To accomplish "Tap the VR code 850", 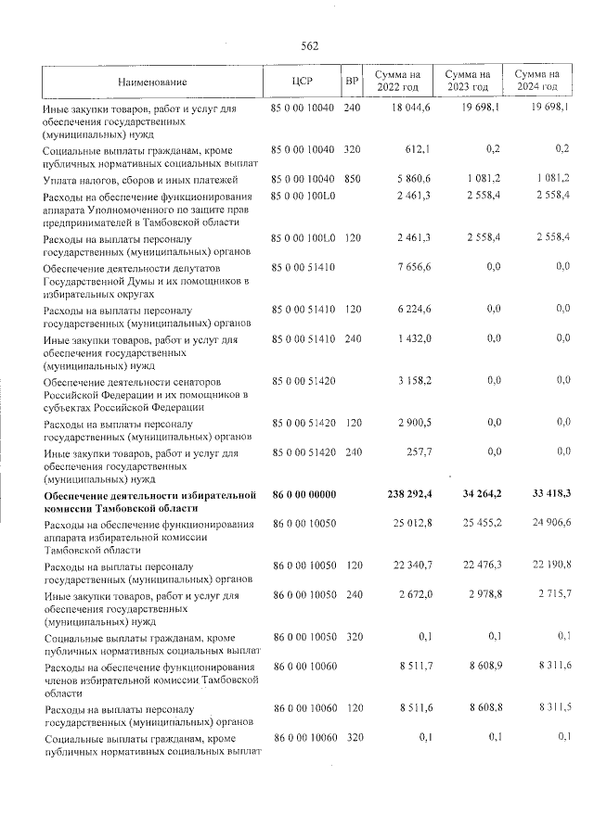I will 352,178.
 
